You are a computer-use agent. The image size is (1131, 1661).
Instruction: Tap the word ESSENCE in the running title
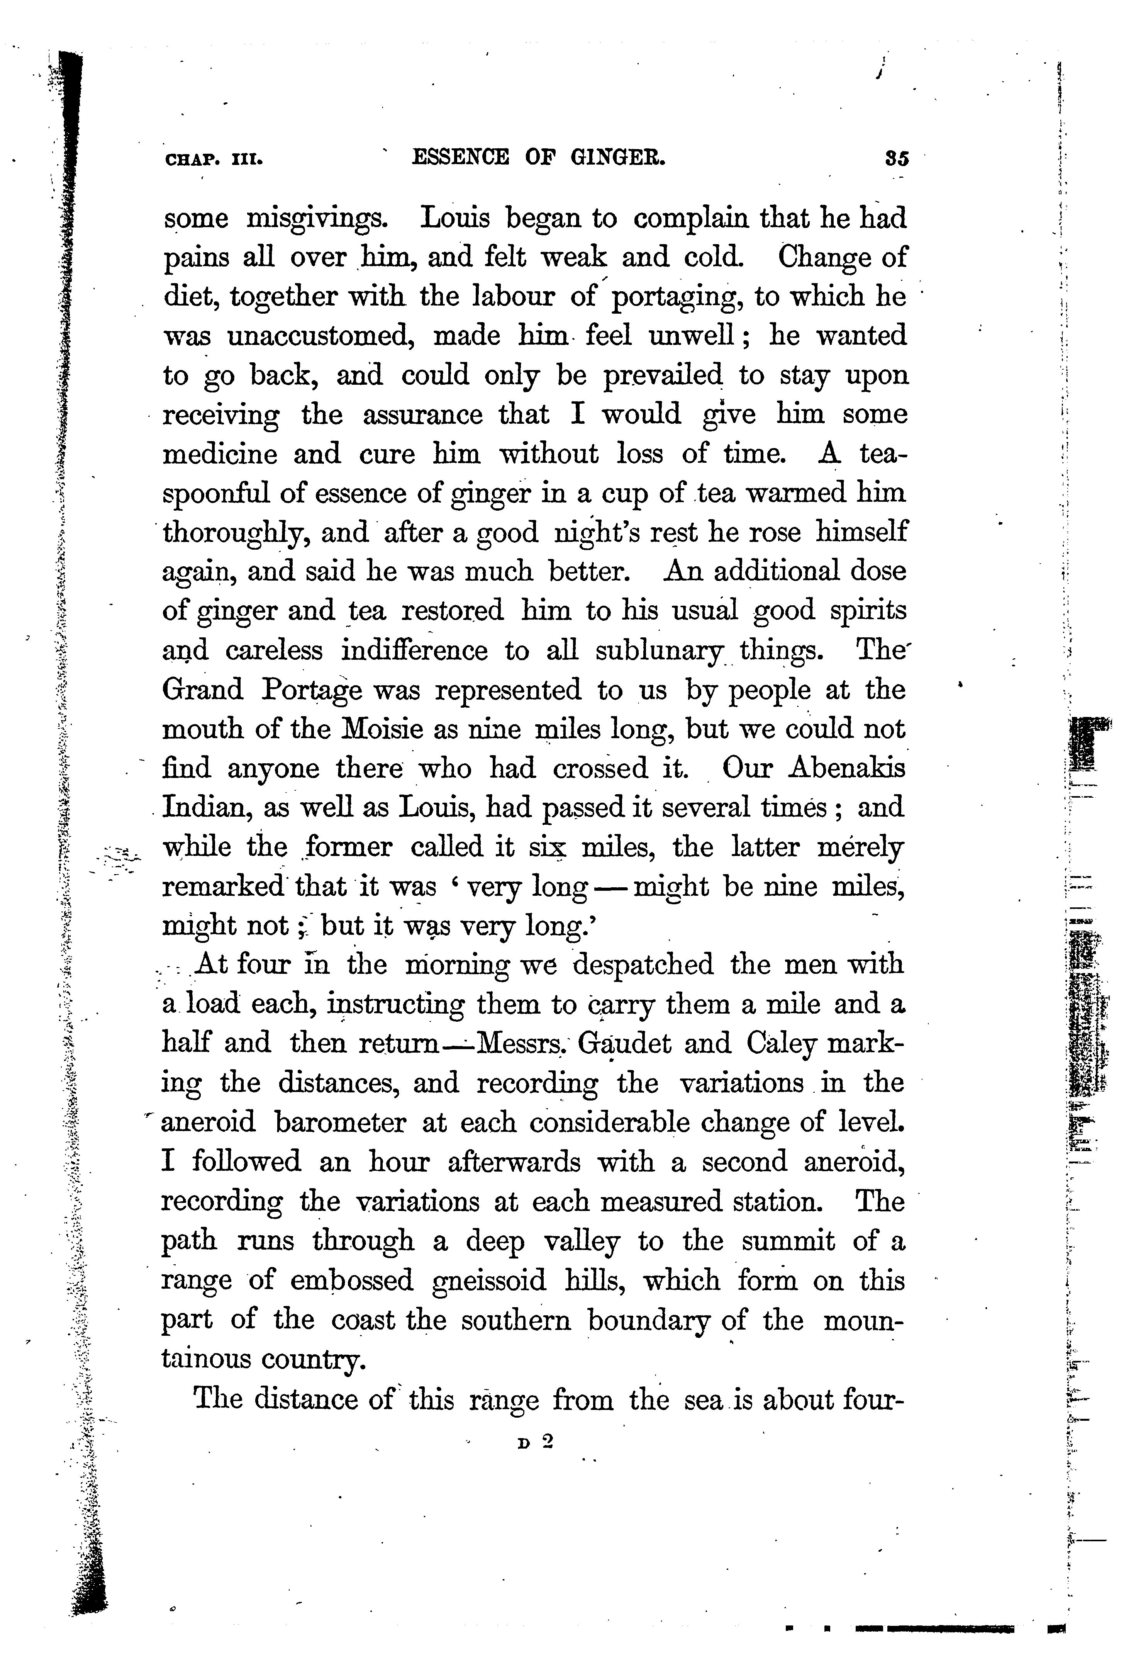tap(461, 157)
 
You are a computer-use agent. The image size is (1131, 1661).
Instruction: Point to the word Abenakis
tap(847, 768)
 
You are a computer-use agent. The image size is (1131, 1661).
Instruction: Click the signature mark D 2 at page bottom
tap(537, 1442)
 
